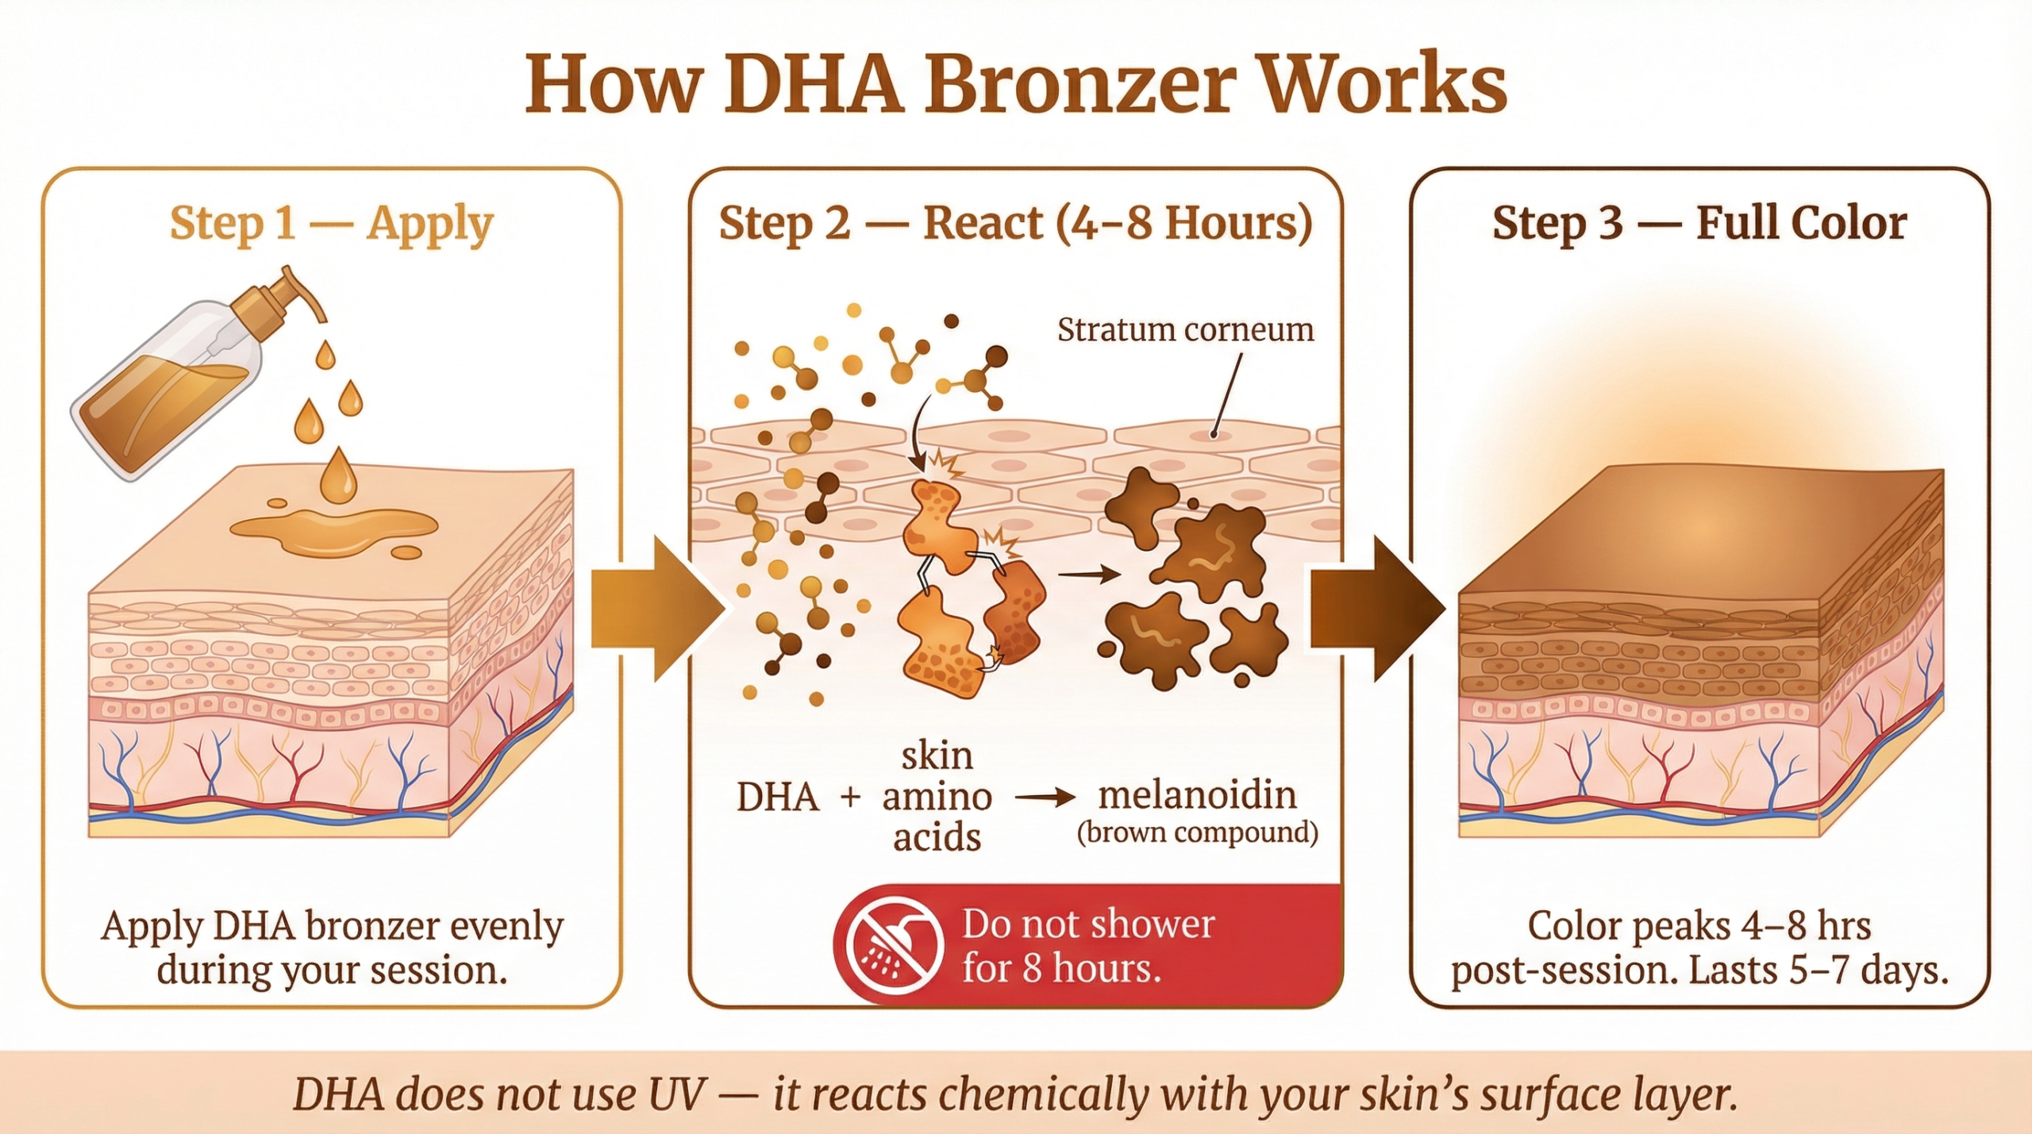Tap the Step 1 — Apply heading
(x=332, y=224)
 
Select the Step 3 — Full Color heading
(x=1699, y=223)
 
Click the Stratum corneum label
(x=1185, y=330)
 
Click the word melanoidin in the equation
(x=1197, y=795)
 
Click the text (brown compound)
(x=1197, y=832)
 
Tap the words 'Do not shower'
(x=1088, y=924)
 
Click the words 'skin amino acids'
(x=937, y=797)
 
